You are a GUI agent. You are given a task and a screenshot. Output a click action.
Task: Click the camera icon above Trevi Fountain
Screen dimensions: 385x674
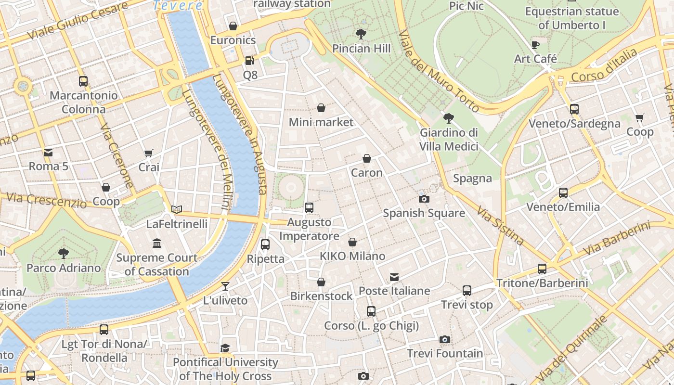click(445, 339)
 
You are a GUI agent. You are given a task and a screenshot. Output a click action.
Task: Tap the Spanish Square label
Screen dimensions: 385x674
click(424, 213)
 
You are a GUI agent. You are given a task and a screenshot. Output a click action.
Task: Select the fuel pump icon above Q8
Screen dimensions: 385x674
click(249, 61)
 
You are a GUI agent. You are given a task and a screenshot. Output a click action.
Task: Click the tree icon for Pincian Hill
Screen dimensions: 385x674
click(361, 34)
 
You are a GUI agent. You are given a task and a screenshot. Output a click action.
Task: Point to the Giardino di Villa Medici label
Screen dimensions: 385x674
click(449, 140)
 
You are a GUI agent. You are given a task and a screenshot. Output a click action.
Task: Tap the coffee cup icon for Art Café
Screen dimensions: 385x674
click(535, 45)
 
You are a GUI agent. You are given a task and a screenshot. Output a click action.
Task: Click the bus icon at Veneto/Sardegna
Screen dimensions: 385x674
click(574, 109)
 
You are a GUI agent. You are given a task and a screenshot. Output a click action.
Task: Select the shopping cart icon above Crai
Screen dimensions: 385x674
click(149, 153)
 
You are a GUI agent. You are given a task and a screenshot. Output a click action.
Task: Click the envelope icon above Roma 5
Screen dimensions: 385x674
click(48, 153)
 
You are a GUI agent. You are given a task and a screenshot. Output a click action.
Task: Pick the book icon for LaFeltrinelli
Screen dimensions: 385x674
click(177, 209)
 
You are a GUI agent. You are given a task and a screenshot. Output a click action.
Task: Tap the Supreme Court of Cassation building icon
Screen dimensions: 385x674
click(157, 244)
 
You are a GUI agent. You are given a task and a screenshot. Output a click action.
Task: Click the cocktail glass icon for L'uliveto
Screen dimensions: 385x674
click(225, 286)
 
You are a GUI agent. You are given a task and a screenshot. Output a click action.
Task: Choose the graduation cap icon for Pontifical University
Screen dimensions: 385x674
click(225, 348)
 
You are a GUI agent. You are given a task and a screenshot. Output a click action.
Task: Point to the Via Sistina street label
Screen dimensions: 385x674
click(500, 225)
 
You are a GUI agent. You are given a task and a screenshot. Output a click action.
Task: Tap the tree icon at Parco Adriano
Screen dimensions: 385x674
click(63, 254)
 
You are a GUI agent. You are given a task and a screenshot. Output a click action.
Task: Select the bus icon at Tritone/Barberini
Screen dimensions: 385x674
click(542, 269)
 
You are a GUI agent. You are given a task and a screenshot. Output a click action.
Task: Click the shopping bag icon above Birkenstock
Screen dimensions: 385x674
click(321, 282)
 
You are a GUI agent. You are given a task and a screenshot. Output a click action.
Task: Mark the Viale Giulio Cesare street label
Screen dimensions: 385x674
click(77, 21)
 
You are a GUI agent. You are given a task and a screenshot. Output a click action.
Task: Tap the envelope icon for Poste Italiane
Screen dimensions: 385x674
click(394, 277)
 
